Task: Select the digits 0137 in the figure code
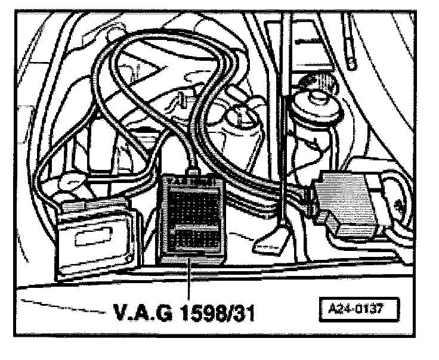369,311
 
